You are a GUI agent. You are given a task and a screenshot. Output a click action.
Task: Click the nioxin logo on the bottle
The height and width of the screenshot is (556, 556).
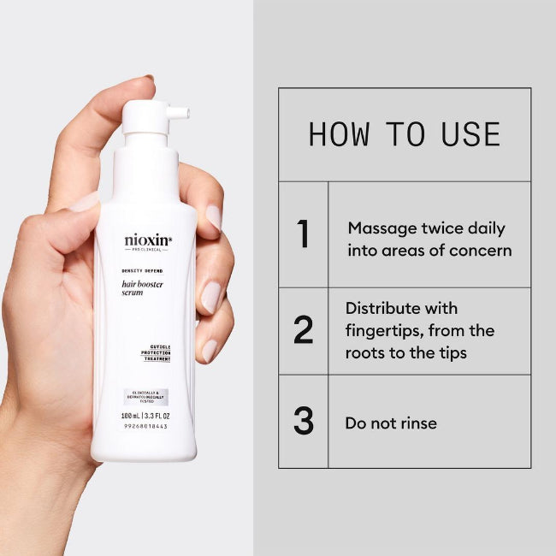[x=146, y=241]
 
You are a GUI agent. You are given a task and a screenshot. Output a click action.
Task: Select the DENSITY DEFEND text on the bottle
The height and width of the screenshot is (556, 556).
[x=143, y=270]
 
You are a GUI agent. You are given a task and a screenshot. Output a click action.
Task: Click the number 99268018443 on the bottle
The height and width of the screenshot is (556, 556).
[x=145, y=426]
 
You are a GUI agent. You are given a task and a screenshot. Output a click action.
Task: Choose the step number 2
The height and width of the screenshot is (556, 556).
[x=303, y=331]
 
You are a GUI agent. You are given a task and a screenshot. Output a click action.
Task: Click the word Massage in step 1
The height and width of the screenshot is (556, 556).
[x=379, y=228]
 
